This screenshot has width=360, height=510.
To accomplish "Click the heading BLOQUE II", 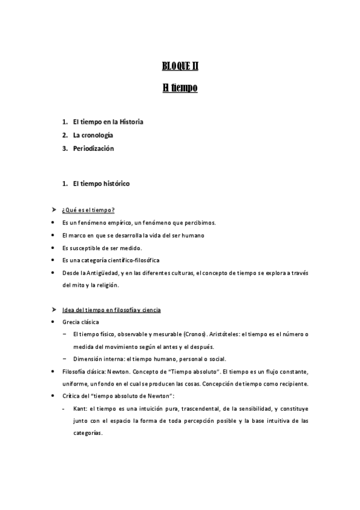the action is coord(180,66).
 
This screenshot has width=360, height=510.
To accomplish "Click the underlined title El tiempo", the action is coord(180,88).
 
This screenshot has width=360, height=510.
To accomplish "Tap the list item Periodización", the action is coord(93,148).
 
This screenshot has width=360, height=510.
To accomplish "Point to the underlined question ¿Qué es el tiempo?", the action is coord(88,209).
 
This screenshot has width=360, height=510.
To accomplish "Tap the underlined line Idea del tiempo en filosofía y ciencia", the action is coord(111,310).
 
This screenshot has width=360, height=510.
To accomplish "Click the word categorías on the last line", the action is coord(88,432).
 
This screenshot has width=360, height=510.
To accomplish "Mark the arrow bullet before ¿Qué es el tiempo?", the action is coord(53,209).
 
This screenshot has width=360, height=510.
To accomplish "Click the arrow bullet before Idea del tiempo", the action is coord(53,310).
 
